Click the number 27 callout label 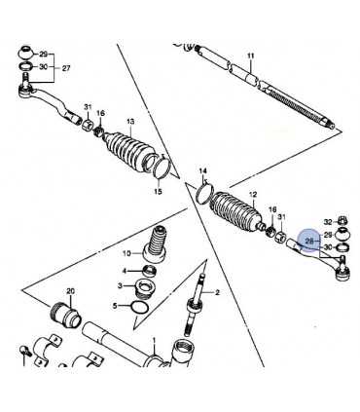66,68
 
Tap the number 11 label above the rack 251,56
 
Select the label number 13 130,122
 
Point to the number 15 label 158,192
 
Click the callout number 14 202,170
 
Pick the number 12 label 253,195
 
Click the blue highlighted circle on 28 308,241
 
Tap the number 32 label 328,222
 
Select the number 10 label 126,253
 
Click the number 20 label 70,291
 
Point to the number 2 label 217,293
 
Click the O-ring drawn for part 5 140,308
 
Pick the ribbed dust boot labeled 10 156,243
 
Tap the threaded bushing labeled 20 65,316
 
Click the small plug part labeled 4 150,270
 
